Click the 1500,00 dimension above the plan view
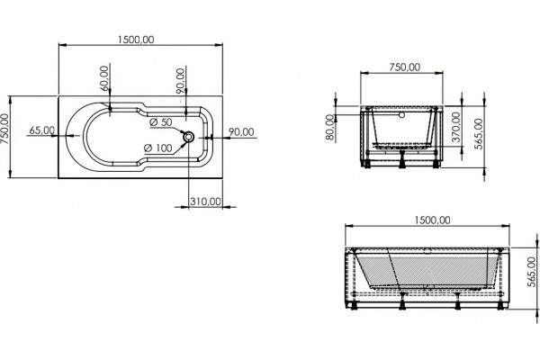pos(136,40)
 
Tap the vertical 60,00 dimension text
pos(105,78)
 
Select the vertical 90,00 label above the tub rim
pos(180,81)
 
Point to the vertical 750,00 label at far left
pos(4,130)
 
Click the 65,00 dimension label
pos(42,130)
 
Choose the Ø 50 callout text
pos(161,122)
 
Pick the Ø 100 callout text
pos(158,148)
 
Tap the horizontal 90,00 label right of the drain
pos(241,131)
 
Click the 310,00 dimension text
pos(205,202)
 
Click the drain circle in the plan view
pos(189,137)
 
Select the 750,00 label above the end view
pos(405,67)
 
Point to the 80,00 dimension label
pos(330,127)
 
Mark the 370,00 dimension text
pos(456,127)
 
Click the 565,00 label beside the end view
pos(479,134)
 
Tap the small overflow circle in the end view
pos(401,114)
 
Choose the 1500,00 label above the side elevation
pos(432,220)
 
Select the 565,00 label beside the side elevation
pos(532,272)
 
